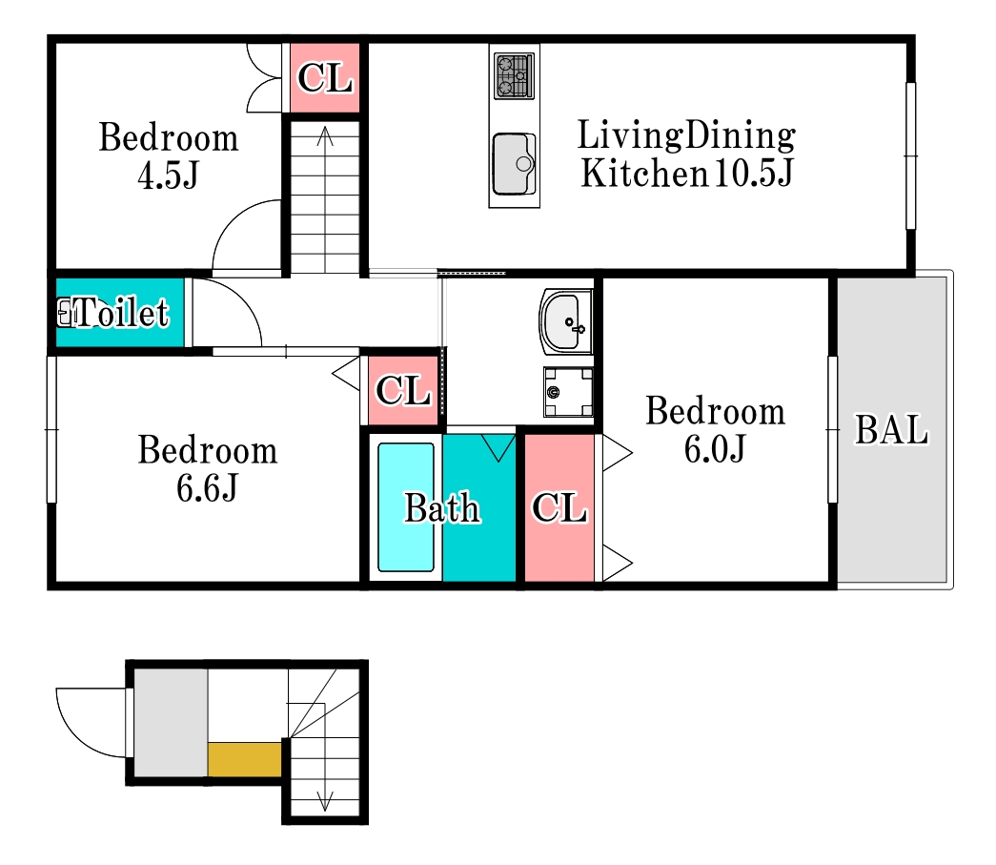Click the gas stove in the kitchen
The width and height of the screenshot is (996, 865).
click(x=514, y=76)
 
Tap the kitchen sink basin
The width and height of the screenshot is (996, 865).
click(x=514, y=163)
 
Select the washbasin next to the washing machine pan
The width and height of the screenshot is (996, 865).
click(x=565, y=321)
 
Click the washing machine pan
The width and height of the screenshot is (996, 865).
click(x=568, y=392)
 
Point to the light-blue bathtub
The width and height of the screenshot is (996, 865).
click(x=406, y=507)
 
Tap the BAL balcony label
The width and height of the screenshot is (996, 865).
click(x=892, y=430)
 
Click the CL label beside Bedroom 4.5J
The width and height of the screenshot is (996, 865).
click(x=325, y=77)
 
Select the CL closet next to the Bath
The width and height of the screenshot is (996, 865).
click(x=559, y=507)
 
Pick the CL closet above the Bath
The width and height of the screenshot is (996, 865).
click(x=403, y=390)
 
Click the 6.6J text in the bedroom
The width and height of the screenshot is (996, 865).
click(x=207, y=488)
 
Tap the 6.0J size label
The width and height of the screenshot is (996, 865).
click(x=715, y=448)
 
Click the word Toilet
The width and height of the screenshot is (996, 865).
click(x=122, y=313)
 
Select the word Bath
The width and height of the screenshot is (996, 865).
click(x=443, y=507)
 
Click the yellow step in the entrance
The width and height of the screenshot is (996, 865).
click(x=245, y=759)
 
